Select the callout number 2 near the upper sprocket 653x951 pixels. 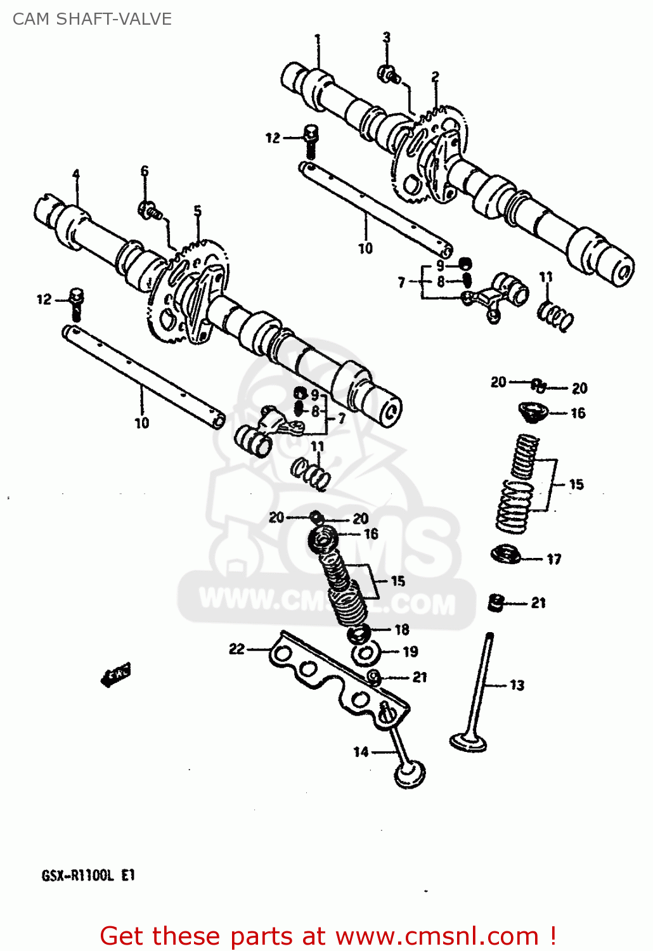point(435,77)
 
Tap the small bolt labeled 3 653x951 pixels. point(388,75)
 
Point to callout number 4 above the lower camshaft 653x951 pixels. point(76,174)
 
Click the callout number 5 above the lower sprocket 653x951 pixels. point(198,211)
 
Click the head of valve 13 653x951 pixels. point(468,741)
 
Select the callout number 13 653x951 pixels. point(517,685)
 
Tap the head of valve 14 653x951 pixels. point(410,774)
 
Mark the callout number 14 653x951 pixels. point(361,752)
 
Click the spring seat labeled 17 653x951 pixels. point(506,554)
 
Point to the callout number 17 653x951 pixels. point(553,559)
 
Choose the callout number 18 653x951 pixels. point(402,630)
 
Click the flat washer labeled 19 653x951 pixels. point(365,653)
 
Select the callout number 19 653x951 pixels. point(410,652)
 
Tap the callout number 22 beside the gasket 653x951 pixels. point(236,649)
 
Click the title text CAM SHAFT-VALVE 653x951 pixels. point(92,19)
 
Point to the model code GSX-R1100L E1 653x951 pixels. point(88,876)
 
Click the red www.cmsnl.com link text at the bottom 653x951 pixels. point(437,936)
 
